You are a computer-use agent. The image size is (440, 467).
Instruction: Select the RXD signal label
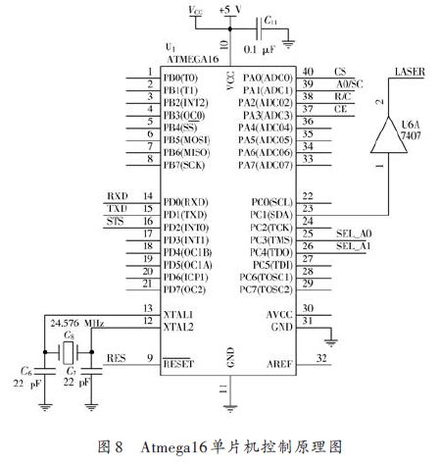(x=117, y=196)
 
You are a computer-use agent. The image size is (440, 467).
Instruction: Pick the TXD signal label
(x=117, y=209)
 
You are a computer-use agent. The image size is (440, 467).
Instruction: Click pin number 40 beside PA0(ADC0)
(x=308, y=72)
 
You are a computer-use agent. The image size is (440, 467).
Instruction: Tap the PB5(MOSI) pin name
(x=185, y=138)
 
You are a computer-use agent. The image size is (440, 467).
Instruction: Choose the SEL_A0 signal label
(x=348, y=233)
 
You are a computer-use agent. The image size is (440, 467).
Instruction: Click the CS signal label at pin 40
(x=341, y=72)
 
